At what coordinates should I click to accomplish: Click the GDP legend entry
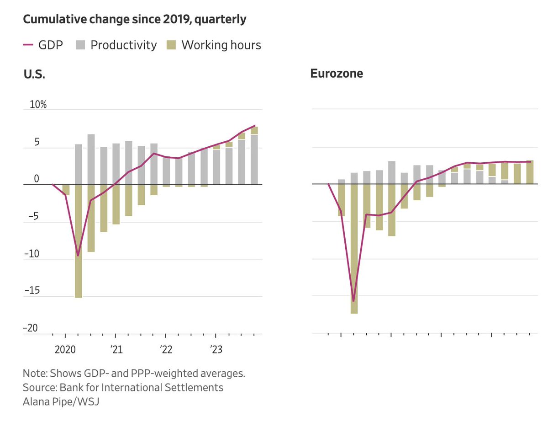(x=43, y=45)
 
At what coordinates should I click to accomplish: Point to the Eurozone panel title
(x=337, y=74)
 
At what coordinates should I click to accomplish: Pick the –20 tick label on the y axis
(x=30, y=328)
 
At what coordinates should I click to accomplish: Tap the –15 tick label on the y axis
(x=30, y=291)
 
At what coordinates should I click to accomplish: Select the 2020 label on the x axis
(x=65, y=350)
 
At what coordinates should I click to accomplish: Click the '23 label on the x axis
(x=216, y=350)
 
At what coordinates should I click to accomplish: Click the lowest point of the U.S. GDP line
(x=78, y=255)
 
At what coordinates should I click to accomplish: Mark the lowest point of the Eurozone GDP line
(x=353, y=301)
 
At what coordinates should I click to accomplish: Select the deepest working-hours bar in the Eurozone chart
(x=354, y=249)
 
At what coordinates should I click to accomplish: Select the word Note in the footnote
(x=33, y=373)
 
